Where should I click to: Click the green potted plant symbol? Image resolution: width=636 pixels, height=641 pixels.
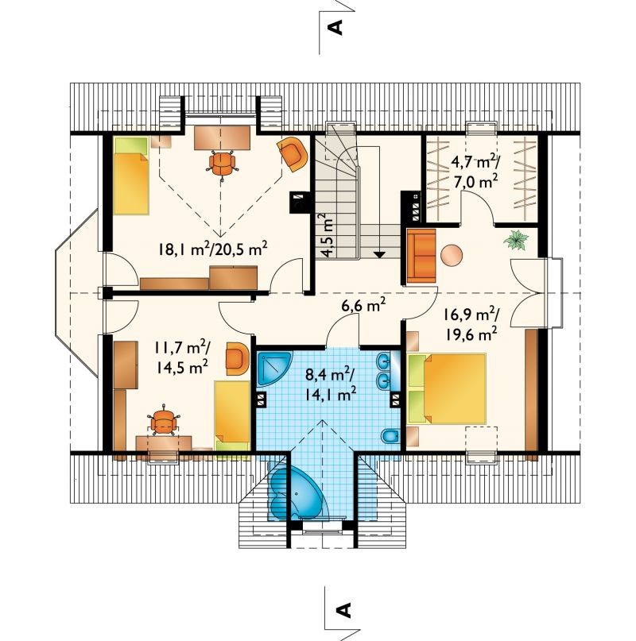tap(516, 240)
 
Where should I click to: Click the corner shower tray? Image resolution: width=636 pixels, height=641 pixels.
tap(274, 368)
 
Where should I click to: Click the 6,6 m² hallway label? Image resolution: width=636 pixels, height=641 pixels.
tap(364, 305)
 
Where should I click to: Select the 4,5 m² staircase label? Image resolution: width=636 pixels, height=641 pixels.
tap(328, 234)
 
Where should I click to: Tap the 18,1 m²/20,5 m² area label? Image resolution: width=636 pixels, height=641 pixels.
tap(213, 249)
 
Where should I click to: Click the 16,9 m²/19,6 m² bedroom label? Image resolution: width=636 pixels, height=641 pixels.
tap(471, 324)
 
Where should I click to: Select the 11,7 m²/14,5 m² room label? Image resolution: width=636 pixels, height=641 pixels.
tap(182, 357)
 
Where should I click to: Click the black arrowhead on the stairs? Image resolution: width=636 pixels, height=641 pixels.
tap(380, 255)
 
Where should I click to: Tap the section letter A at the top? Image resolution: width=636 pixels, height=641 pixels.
tap(335, 28)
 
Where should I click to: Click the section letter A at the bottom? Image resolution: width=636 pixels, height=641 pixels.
tap(343, 609)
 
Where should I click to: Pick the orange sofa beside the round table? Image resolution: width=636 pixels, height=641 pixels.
tap(421, 256)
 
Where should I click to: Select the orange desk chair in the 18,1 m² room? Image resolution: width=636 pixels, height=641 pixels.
tap(223, 162)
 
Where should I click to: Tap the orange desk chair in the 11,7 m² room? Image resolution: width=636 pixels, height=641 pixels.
tap(165, 421)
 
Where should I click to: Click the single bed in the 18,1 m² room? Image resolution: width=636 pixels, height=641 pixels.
tap(131, 176)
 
